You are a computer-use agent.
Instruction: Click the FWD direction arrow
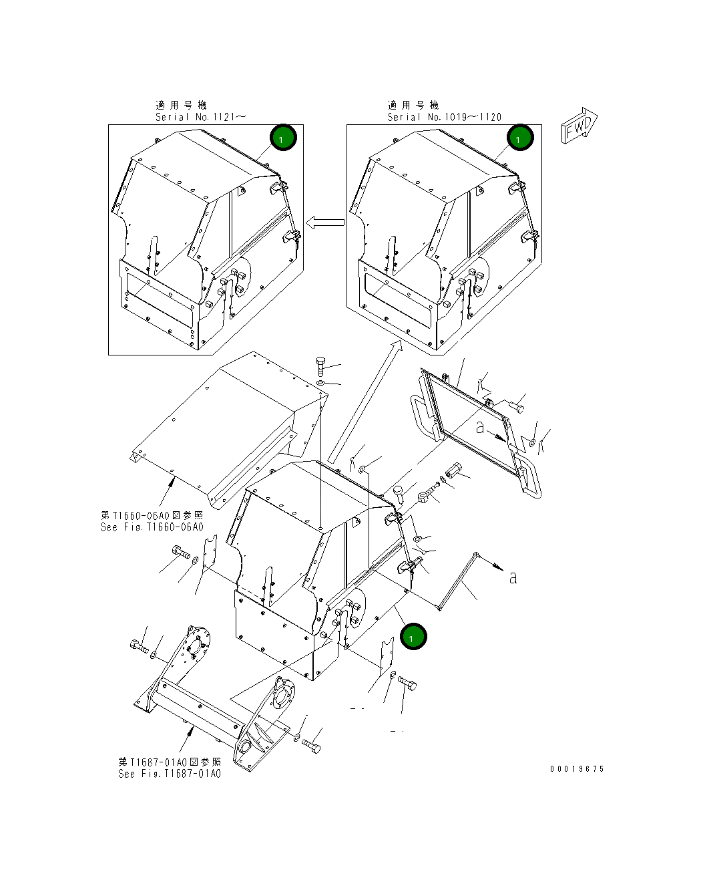pyautogui.click(x=579, y=126)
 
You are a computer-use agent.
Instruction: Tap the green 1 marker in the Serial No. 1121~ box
pyautogui.click(x=283, y=138)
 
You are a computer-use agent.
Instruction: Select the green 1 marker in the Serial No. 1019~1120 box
pyautogui.click(x=520, y=138)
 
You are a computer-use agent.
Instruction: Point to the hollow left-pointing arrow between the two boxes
pyautogui.click(x=325, y=223)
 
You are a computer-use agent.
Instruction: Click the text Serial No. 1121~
pyautogui.click(x=200, y=117)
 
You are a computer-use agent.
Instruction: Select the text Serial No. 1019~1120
pyautogui.click(x=444, y=117)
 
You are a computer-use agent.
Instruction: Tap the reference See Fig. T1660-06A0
pyautogui.click(x=152, y=527)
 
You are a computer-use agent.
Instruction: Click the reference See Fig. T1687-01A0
pyautogui.click(x=170, y=774)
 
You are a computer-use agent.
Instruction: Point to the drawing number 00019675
pyautogui.click(x=577, y=769)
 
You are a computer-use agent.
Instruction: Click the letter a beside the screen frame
pyautogui.click(x=480, y=427)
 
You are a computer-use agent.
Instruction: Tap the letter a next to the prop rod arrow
pyautogui.click(x=513, y=577)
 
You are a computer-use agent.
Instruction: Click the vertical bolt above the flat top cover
pyautogui.click(x=320, y=366)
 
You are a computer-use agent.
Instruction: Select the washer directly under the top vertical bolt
pyautogui.click(x=321, y=383)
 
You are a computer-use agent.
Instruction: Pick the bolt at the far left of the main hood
pyautogui.click(x=181, y=553)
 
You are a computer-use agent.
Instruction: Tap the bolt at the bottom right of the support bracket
pyautogui.click(x=311, y=746)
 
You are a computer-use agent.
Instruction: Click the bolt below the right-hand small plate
pyautogui.click(x=407, y=684)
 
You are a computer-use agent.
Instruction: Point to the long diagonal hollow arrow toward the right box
pyautogui.click(x=365, y=402)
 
